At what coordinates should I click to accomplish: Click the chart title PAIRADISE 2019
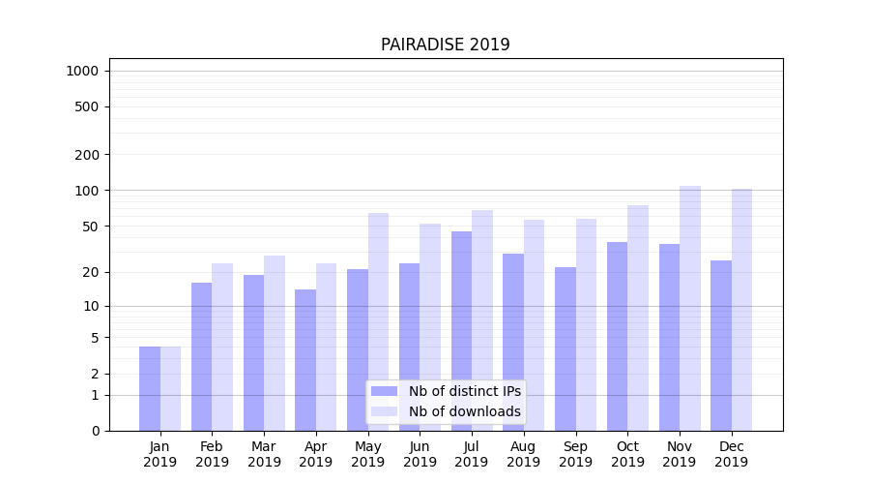click(x=445, y=45)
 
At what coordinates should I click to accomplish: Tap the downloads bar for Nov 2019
click(x=690, y=308)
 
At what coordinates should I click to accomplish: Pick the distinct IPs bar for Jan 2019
click(x=150, y=388)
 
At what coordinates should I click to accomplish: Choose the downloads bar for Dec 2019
click(x=742, y=310)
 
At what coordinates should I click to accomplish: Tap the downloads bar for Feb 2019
click(x=222, y=347)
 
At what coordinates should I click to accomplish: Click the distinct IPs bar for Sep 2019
click(x=565, y=348)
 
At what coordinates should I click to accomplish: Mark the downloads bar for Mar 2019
click(x=275, y=343)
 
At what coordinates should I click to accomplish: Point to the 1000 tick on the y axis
click(x=82, y=71)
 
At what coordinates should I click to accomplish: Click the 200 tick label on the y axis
click(x=88, y=155)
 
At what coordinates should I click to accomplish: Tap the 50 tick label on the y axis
click(x=92, y=227)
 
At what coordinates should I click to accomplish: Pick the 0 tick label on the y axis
click(x=96, y=431)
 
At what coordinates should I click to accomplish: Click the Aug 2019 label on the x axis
click(x=524, y=454)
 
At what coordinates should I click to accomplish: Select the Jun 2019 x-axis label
click(x=420, y=454)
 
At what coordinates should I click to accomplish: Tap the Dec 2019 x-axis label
click(x=732, y=454)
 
